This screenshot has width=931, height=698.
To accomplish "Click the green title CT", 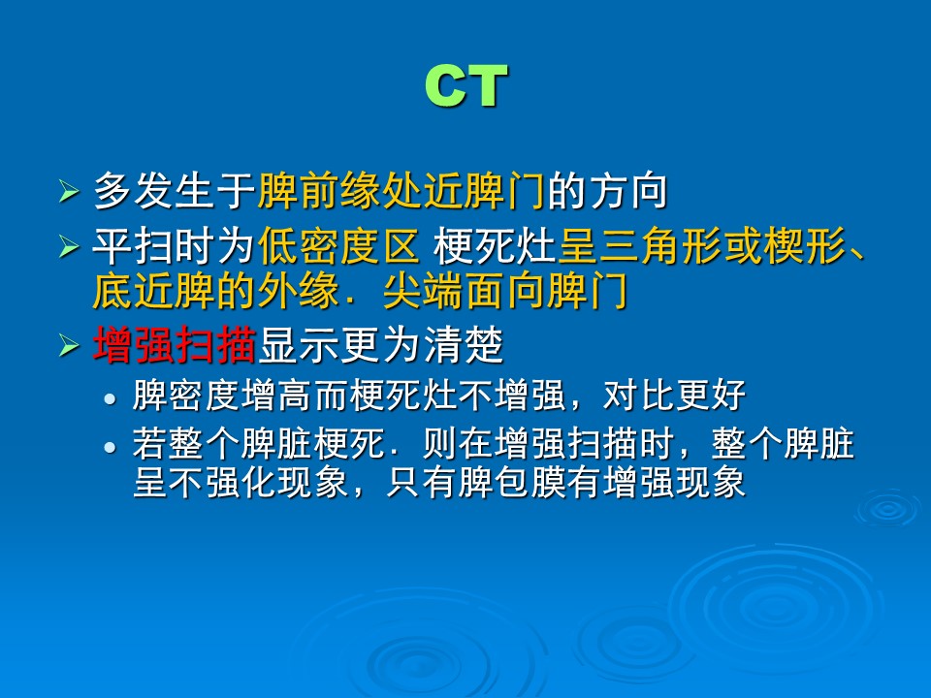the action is (466, 86).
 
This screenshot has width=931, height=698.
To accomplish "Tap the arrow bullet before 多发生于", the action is (69, 191).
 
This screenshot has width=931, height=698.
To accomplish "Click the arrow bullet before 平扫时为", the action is (69, 245).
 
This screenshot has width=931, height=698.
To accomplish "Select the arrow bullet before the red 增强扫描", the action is (69, 345).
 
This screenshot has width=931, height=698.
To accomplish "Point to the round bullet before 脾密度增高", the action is (110, 398).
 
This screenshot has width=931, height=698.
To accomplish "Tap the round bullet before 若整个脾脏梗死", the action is (110, 447).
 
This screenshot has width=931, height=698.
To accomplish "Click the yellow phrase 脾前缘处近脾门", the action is (401, 191).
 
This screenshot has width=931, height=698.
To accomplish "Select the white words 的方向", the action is (607, 191).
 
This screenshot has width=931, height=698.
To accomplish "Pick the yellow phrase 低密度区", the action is (339, 245).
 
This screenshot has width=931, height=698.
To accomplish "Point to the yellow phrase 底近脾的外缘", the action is (216, 291).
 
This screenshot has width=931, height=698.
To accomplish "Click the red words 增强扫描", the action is (175, 345).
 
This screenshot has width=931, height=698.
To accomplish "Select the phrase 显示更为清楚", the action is (380, 345).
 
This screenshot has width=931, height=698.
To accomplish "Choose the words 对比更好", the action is (675, 396).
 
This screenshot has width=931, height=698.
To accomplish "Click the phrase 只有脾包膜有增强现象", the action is (565, 482).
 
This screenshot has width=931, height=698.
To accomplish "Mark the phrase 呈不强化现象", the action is (241, 482).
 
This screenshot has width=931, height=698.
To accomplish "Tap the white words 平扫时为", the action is (175, 245).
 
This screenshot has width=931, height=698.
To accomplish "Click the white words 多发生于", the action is (175, 191).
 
